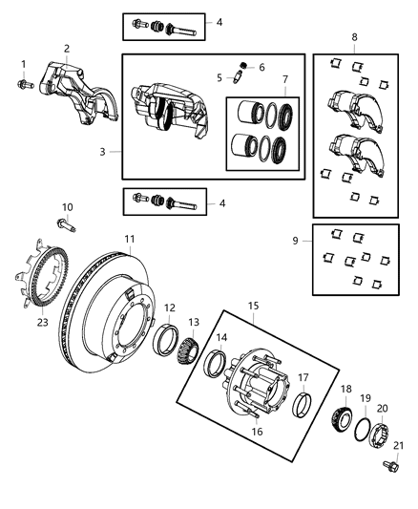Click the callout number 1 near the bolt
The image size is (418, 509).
pyautogui.click(x=22, y=64)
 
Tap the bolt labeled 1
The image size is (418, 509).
pyautogui.click(x=23, y=85)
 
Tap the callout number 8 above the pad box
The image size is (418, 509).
pyautogui.click(x=355, y=37)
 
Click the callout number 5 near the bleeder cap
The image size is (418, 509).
pyautogui.click(x=219, y=76)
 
